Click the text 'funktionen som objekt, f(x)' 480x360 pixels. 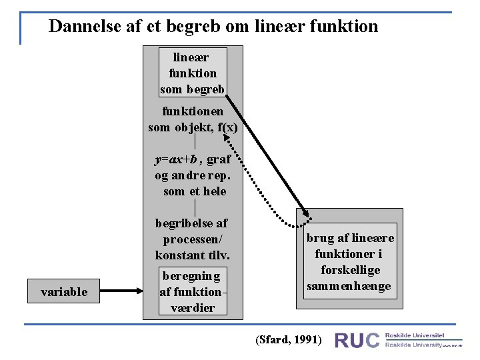193,119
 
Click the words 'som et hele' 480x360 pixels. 195,191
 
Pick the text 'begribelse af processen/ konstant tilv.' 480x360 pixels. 193,239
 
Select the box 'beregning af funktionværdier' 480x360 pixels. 192,291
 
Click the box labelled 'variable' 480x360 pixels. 64,291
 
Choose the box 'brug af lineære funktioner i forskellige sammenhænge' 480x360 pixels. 350,263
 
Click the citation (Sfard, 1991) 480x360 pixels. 289,340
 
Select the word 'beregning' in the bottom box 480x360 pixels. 191,275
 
